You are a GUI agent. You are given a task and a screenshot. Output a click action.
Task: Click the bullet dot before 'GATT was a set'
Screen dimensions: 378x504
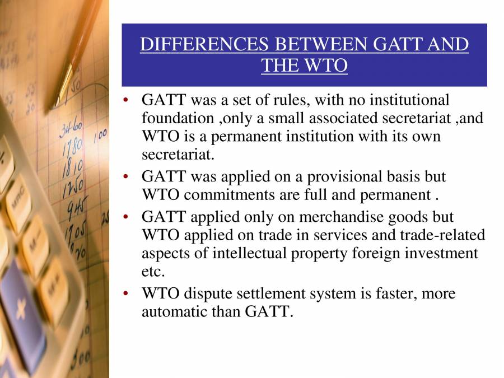(x=127, y=101)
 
